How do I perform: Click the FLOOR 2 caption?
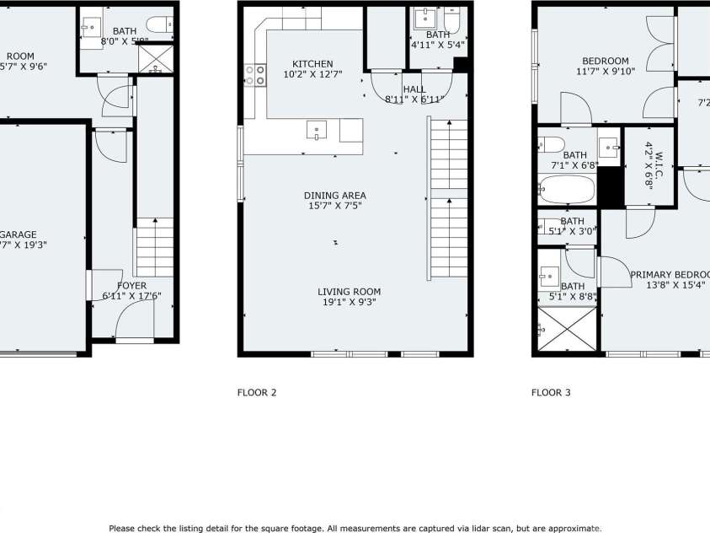256,392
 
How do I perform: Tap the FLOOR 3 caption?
551,392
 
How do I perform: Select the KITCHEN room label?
312,64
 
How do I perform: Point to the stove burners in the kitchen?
250,76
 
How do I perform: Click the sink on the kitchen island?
318,130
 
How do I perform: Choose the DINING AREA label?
334,196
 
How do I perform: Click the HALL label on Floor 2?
414,89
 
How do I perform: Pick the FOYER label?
131,286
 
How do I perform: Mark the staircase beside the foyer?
155,246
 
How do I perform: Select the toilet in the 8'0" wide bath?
157,24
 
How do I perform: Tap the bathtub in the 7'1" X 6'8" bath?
566,190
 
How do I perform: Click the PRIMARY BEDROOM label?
670,274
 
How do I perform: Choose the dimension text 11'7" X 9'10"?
606,73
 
